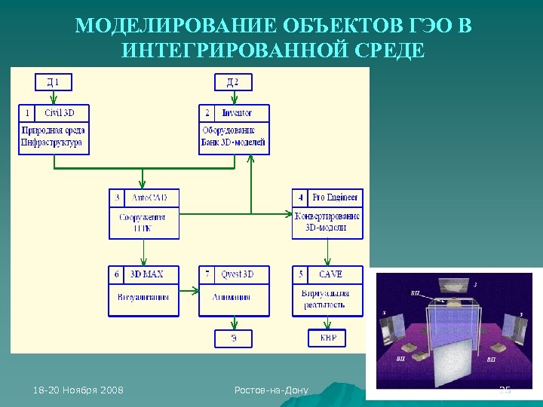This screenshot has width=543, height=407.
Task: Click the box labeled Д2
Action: (x=233, y=81)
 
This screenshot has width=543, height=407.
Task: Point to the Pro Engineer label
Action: (x=336, y=197)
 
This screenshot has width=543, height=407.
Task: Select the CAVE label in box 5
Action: (x=336, y=274)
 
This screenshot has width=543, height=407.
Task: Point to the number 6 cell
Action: (x=117, y=274)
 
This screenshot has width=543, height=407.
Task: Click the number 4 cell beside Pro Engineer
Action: (x=300, y=197)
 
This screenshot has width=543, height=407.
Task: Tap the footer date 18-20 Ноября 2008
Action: (x=78, y=390)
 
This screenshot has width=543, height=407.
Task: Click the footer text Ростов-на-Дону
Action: (x=271, y=390)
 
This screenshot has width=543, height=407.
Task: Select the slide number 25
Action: (x=505, y=390)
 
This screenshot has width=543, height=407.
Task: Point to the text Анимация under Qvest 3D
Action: (x=233, y=297)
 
